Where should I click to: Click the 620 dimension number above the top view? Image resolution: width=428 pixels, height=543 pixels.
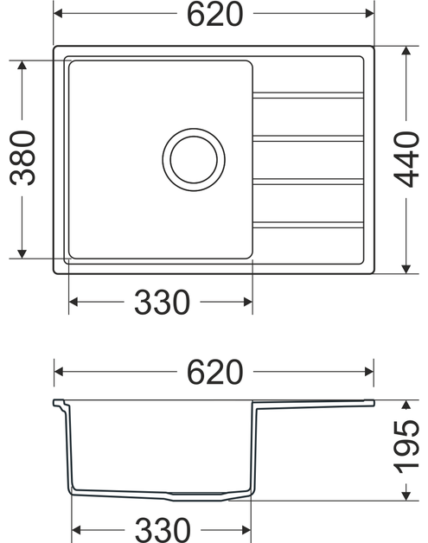point(214,15)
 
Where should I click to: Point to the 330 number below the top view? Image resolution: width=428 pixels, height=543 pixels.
point(161,302)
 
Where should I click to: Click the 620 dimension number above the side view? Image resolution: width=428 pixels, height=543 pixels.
point(214,372)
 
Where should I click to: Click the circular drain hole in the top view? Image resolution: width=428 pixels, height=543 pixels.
point(194,158)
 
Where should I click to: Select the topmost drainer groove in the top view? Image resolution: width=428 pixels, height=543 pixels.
point(308,93)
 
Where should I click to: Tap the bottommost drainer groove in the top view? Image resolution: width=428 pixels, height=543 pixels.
point(308,226)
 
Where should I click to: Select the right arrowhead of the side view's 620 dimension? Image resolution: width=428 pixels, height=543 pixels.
point(369,372)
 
